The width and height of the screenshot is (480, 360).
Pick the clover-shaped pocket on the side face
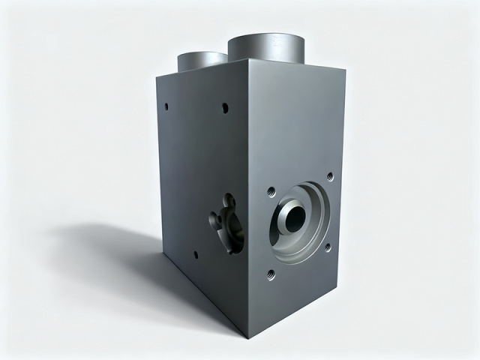click(x=226, y=223)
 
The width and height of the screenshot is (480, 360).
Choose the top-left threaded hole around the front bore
click(x=271, y=192)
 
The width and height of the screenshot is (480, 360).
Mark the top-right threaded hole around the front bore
click(x=329, y=177)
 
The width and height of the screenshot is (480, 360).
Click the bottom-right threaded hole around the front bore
click(x=327, y=246)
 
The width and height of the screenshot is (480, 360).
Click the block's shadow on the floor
click(x=112, y=247)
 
